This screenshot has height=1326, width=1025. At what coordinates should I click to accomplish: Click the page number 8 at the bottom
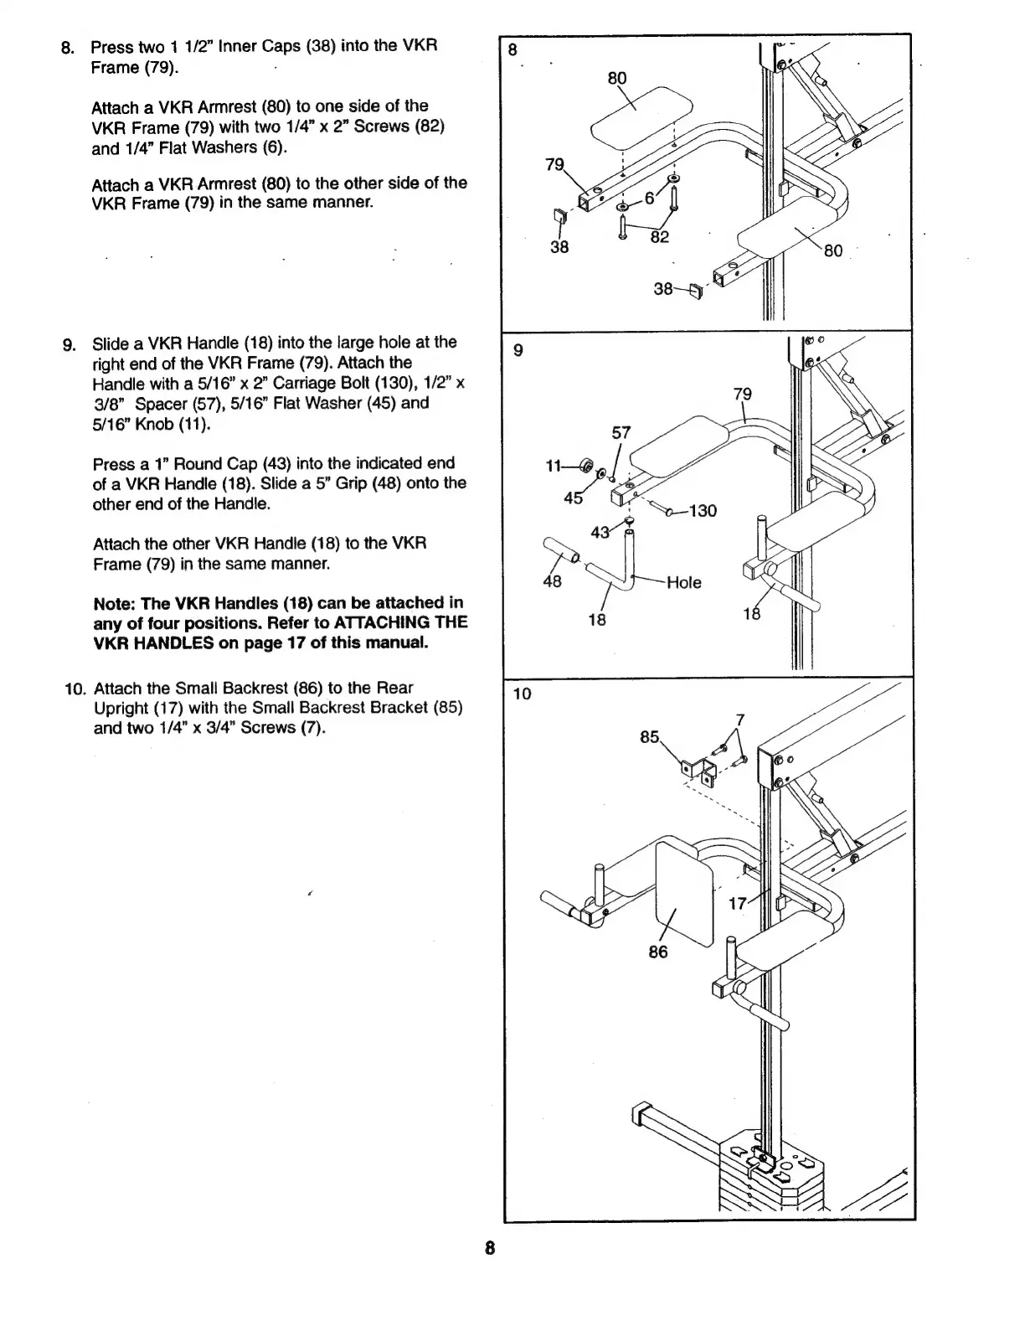491,1249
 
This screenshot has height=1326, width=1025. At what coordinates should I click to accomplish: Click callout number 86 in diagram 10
658,952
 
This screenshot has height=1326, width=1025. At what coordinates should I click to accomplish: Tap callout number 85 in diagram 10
650,738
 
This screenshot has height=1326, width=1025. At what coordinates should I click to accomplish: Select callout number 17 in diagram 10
738,904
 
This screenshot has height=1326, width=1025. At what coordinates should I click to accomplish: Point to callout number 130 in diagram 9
703,511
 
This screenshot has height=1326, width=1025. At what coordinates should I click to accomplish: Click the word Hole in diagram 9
683,582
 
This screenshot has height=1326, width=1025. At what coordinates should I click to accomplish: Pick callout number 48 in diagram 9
552,580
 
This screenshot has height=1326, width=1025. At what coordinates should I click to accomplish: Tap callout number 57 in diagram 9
621,432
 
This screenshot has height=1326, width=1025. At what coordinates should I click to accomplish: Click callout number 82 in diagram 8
660,237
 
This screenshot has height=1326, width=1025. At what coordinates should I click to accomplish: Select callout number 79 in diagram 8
554,165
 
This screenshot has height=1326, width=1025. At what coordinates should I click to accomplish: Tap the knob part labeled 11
586,466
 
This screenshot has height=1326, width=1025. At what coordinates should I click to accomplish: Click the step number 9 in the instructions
70,344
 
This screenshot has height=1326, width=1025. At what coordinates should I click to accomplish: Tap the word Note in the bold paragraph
112,603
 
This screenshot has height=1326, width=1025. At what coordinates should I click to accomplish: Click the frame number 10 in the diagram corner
523,694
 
